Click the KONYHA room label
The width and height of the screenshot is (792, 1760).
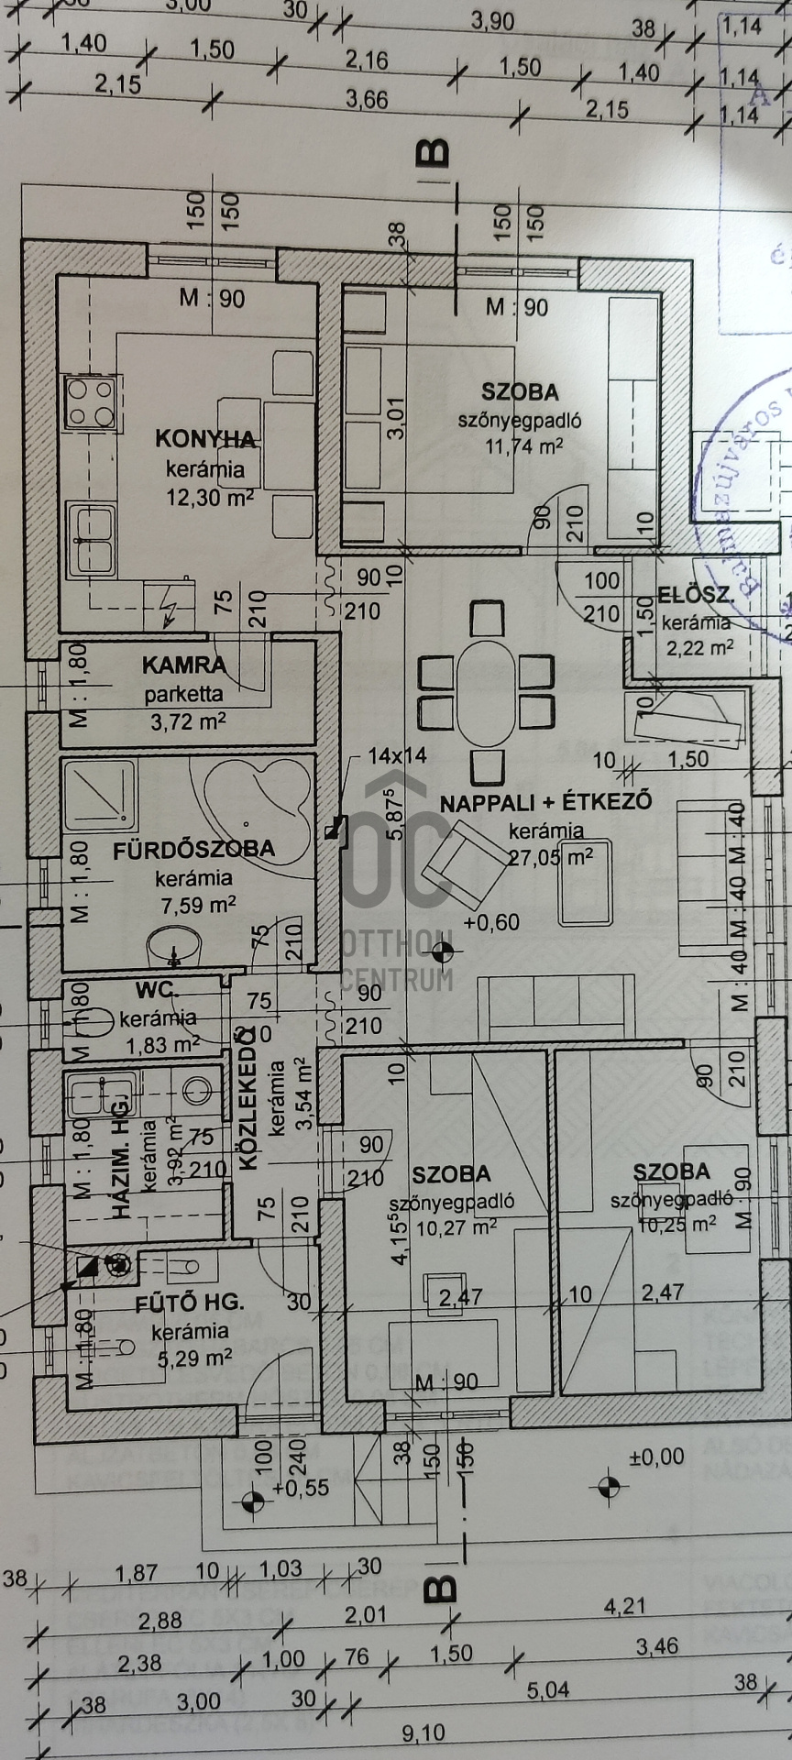tap(205, 438)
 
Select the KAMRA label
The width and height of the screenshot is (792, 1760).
tap(183, 665)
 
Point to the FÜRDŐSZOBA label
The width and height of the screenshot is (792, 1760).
tap(193, 849)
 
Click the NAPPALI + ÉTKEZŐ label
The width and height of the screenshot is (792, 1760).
tap(546, 802)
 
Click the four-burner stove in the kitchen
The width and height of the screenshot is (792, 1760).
tap(90, 402)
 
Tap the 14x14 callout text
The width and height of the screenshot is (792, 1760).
tap(397, 755)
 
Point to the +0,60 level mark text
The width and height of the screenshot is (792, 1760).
tap(491, 922)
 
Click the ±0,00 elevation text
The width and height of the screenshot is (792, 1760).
tap(656, 1456)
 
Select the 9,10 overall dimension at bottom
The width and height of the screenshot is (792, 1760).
tap(423, 1732)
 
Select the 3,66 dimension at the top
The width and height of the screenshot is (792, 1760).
tap(368, 99)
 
